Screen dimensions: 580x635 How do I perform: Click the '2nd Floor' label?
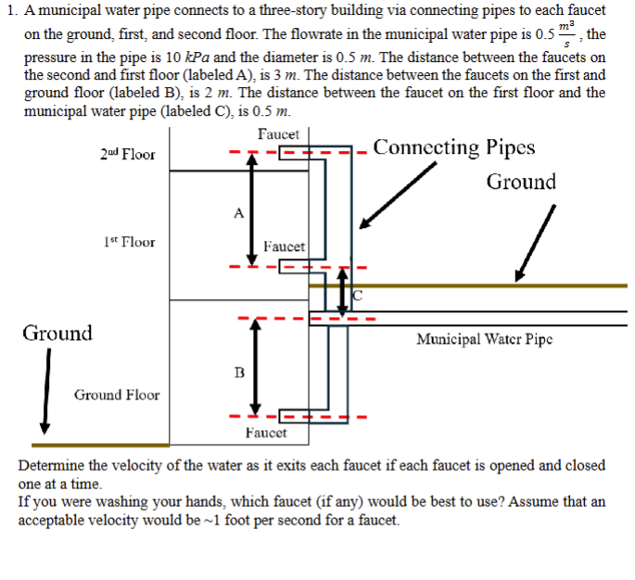tap(127, 154)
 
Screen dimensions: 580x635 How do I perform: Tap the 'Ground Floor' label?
tap(117, 395)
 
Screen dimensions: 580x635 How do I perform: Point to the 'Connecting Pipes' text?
tap(453, 147)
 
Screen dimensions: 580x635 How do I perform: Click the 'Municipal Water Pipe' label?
tap(485, 339)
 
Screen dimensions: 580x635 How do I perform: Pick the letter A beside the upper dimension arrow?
tap(238, 212)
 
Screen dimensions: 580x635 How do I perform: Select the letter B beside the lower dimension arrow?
tap(239, 372)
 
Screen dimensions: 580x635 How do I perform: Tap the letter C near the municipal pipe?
tap(359, 296)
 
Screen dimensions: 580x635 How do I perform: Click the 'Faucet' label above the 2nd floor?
tap(278, 135)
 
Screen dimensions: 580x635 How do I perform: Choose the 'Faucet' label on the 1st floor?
tap(284, 246)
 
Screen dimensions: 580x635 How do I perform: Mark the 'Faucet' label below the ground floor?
tap(266, 433)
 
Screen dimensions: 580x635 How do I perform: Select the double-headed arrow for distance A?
tap(249, 208)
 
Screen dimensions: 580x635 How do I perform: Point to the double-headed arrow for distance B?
tap(248, 368)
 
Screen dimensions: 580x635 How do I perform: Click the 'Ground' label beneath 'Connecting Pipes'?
tap(521, 182)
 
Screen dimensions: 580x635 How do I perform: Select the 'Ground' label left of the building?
tap(57, 333)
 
